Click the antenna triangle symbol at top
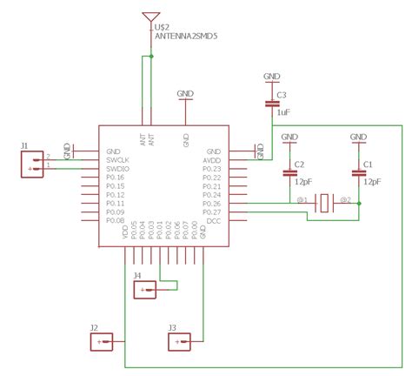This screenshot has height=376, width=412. (x=152, y=17)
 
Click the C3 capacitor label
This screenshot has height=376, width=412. (x=282, y=93)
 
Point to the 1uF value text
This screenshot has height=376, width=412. (x=282, y=112)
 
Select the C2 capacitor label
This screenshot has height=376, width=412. (x=299, y=164)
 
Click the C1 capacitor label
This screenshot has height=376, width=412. (x=368, y=164)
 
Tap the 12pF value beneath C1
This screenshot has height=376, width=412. (x=371, y=183)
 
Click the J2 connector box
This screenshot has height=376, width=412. (x=103, y=342)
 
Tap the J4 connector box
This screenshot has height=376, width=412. (x=145, y=291)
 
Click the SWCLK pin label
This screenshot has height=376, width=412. (x=119, y=160)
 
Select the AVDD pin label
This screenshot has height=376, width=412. (x=212, y=160)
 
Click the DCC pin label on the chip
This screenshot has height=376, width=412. (x=214, y=221)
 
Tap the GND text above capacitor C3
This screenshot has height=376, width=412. (x=271, y=77)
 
